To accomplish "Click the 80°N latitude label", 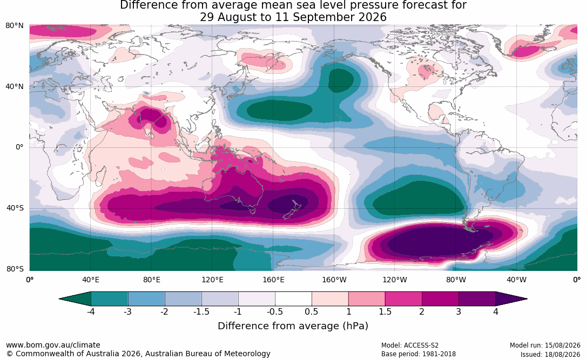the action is coord(15,26).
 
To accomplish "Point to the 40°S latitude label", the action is coord(15,208).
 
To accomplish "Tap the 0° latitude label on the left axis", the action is coord(19,147).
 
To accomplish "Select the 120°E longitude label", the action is coord(212,280).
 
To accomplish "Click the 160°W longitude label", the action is coord(334,280).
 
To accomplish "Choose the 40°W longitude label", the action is coord(516,280).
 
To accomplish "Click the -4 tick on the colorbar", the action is coord(90,311).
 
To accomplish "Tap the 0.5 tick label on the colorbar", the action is coord(311,311).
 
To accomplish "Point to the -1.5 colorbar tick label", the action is coord(201,311).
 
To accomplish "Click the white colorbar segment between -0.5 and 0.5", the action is coord(293,299).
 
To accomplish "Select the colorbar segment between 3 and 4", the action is coord(477,299).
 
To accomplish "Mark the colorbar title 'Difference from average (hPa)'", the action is coord(293,325).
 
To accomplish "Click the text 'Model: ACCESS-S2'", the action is coord(409,345).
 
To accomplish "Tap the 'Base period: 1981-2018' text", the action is coord(418,354).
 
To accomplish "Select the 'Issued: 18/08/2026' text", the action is coord(550,354).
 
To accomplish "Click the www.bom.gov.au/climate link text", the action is coord(53,345).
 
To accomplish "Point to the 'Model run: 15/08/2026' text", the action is coord(545,345).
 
